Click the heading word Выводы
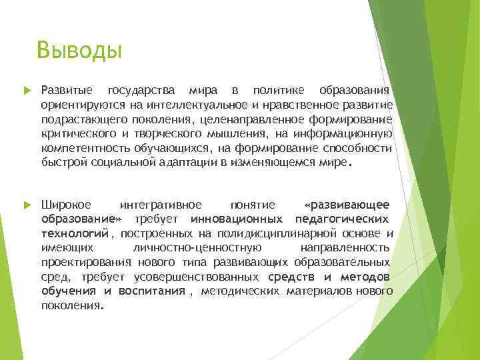coord(79,51)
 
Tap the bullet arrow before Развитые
coord(27,90)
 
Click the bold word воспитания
coord(151,291)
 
